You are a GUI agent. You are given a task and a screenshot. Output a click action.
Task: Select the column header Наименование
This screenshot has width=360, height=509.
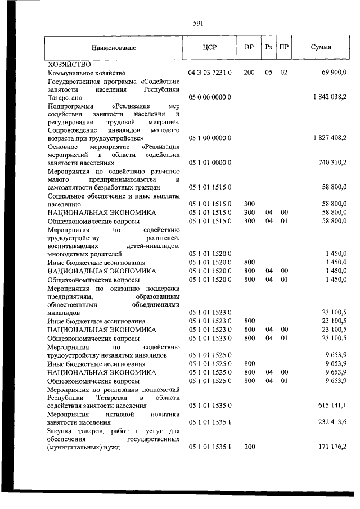point(115,48)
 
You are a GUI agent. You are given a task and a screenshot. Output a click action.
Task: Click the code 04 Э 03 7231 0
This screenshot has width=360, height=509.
point(210,73)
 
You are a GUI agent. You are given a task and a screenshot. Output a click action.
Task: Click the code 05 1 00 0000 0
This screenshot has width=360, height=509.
point(210,138)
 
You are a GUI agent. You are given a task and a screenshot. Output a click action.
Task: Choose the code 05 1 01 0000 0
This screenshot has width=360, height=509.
point(210,163)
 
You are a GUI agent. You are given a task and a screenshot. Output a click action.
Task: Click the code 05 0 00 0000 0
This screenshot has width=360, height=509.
point(210,97)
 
